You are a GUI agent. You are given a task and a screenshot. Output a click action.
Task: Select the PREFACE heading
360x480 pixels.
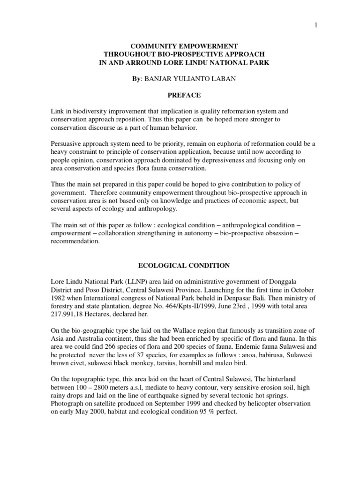coord(184,95)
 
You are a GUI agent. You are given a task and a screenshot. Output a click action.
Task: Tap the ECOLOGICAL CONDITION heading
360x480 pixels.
coord(184,265)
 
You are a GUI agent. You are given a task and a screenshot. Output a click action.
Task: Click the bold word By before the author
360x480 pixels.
coord(136,79)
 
